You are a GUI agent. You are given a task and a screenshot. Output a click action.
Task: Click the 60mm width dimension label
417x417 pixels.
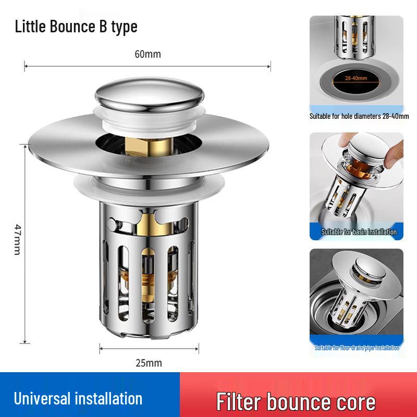(x=148, y=54)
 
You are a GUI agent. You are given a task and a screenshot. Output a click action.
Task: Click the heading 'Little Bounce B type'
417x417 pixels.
(x=76, y=26)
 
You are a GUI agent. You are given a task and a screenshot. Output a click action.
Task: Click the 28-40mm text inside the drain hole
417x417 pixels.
(x=356, y=78)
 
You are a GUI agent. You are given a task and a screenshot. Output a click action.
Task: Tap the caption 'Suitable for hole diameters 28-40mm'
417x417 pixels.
(x=359, y=116)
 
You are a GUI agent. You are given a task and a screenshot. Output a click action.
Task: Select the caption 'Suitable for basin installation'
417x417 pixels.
(x=359, y=232)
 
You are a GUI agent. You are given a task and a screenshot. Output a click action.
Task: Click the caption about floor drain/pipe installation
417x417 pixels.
(x=357, y=348)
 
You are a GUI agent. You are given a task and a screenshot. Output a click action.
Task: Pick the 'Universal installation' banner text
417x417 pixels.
(x=78, y=399)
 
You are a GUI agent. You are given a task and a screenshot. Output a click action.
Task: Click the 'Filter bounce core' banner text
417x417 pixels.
(x=296, y=401)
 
